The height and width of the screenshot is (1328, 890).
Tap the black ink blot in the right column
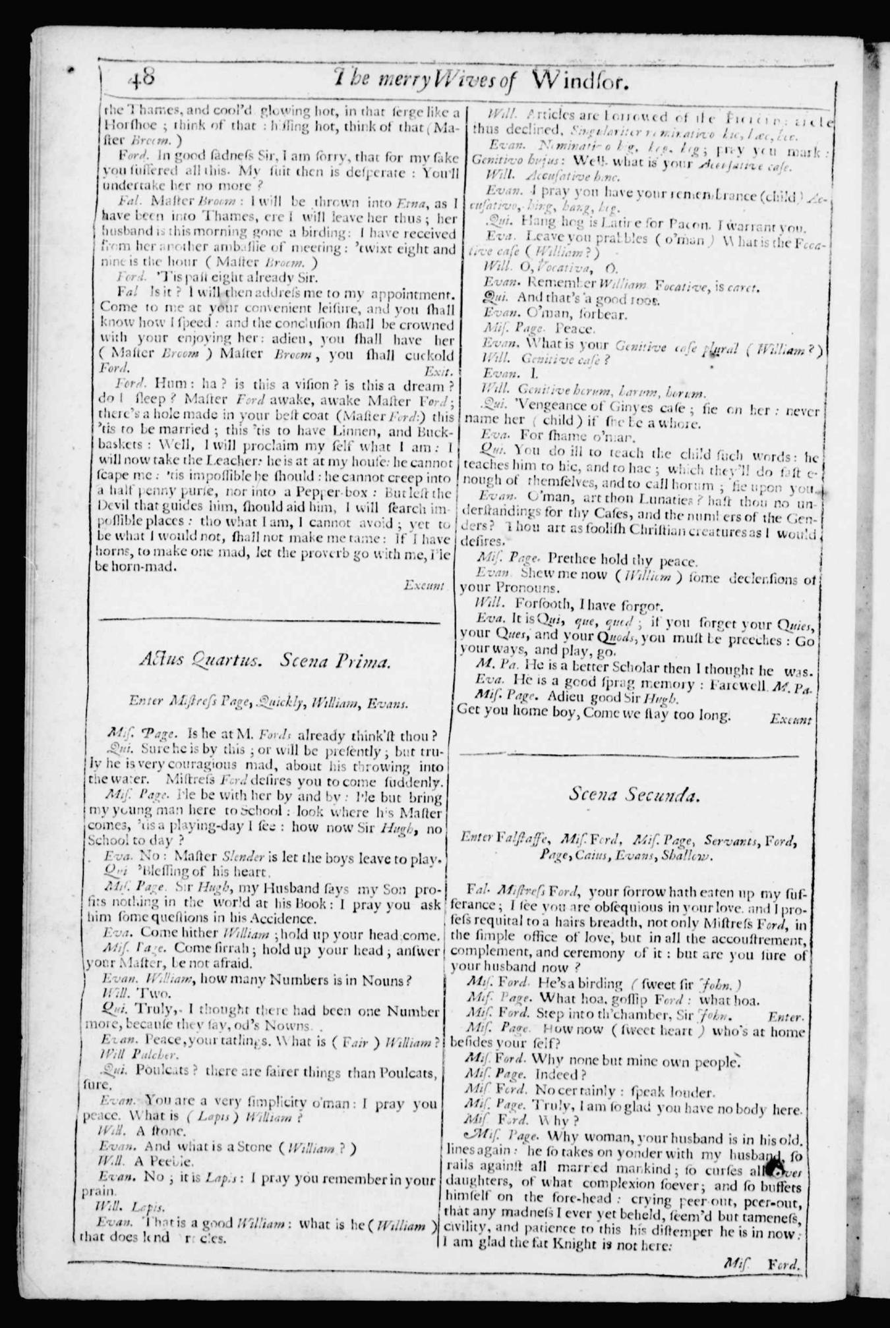(x=775, y=1169)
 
